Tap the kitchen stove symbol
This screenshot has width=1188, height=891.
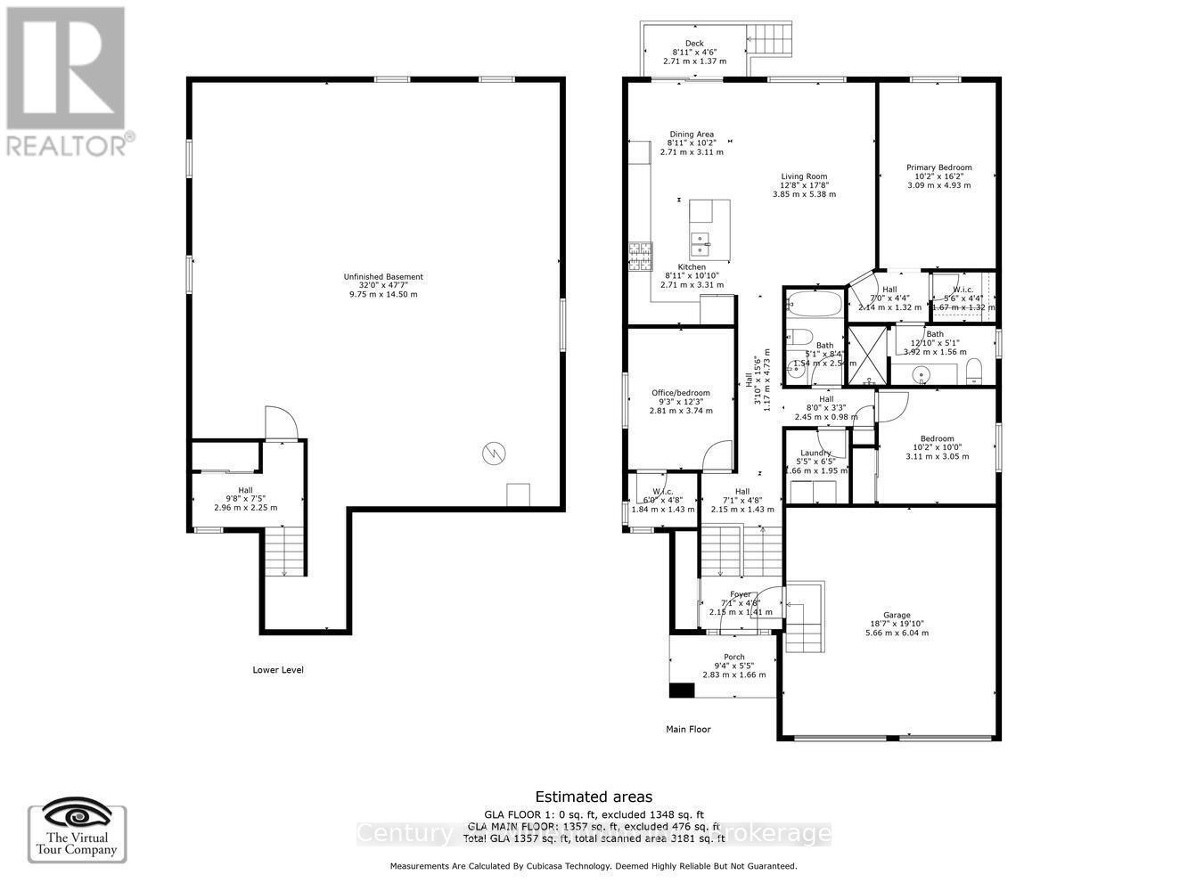pyautogui.click(x=640, y=257)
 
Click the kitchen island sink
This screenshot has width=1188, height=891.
pyautogui.click(x=701, y=239)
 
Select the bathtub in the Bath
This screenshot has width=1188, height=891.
pyautogui.click(x=815, y=305)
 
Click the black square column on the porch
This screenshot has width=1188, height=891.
pyautogui.click(x=682, y=690)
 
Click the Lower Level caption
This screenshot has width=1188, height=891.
pyautogui.click(x=278, y=669)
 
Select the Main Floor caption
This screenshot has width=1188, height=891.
pyautogui.click(x=688, y=729)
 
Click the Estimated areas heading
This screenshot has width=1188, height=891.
pyautogui.click(x=593, y=797)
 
